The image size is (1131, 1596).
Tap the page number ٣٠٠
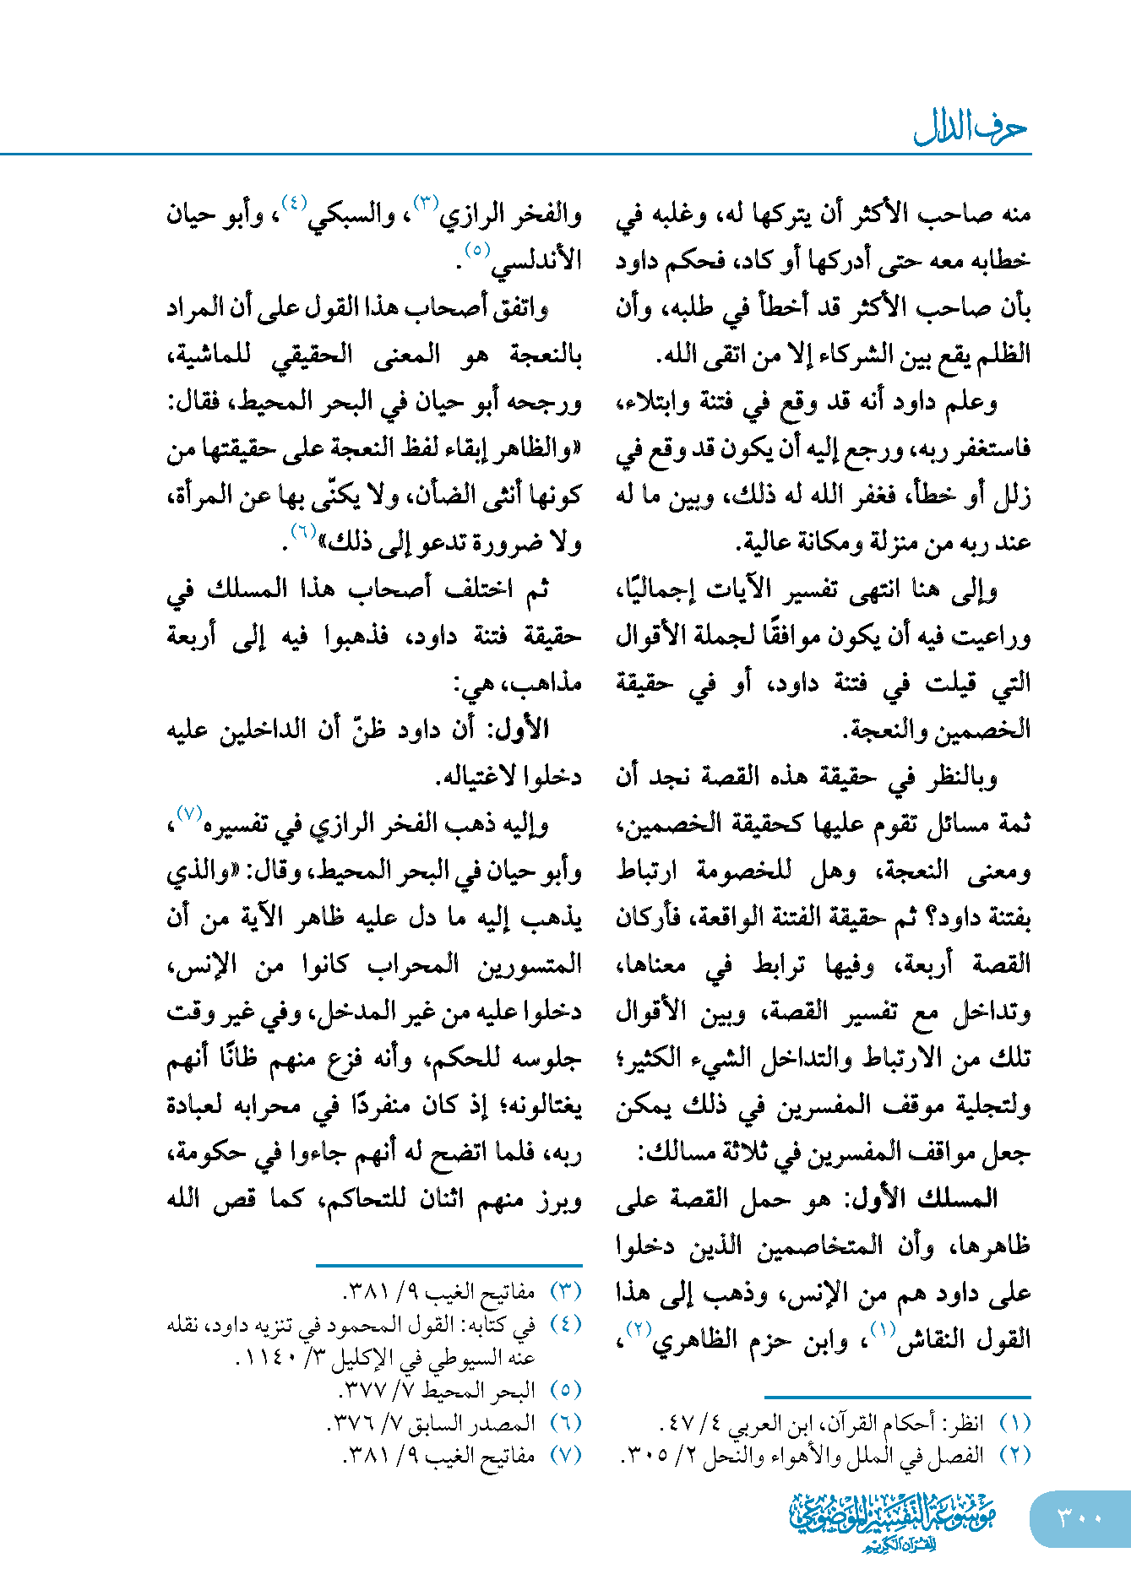pyautogui.click(x=1079, y=1517)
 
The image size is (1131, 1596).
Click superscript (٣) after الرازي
pyautogui.click(x=426, y=203)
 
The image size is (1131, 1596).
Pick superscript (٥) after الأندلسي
pyautogui.click(x=477, y=250)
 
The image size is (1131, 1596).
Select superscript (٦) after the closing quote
pyautogui.click(x=303, y=531)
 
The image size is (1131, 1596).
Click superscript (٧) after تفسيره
pyautogui.click(x=187, y=812)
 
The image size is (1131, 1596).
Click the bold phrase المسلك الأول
pyautogui.click(x=950, y=1198)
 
